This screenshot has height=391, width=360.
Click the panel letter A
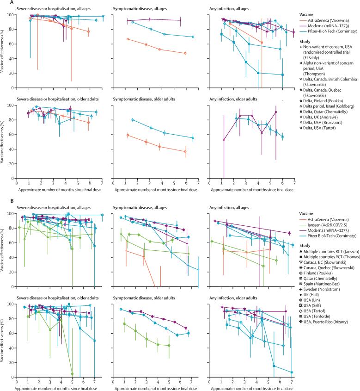(x=2, y=2)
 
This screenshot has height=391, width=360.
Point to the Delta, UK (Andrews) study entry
(x=326, y=118)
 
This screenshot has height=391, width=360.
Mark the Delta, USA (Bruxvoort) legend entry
(x=329, y=124)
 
